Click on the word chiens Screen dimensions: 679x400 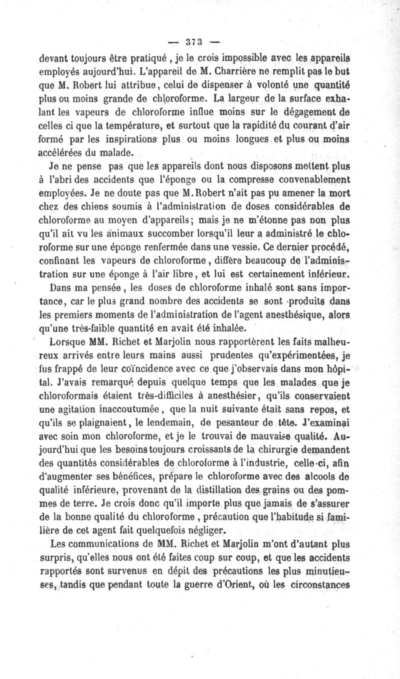pyautogui.click(x=100, y=205)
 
